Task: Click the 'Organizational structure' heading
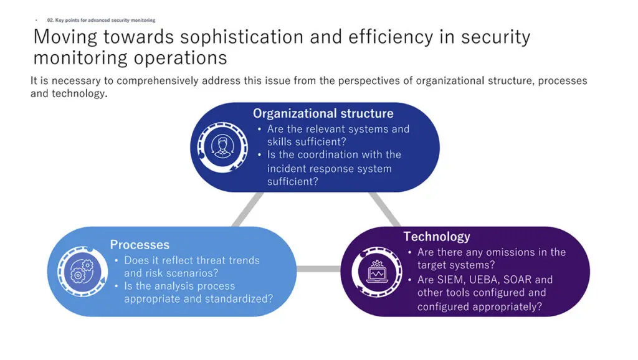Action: click(323, 113)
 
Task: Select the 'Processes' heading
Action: click(140, 245)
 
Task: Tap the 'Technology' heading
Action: click(437, 237)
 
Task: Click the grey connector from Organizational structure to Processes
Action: click(247, 209)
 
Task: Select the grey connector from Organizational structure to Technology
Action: click(384, 209)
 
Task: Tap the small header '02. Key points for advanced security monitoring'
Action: click(101, 20)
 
